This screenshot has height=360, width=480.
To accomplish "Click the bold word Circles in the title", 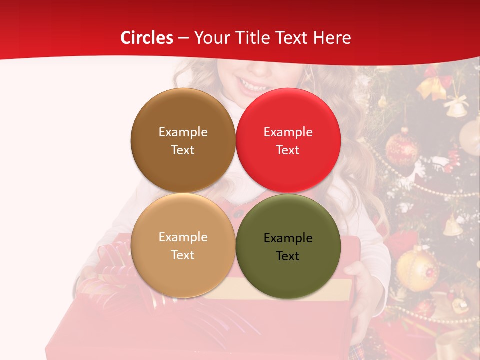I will point(147,38).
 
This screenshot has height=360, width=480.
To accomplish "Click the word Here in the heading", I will point(332,38).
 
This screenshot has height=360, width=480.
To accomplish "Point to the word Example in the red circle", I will point(288,132).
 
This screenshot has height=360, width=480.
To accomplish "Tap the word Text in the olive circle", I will point(288,256).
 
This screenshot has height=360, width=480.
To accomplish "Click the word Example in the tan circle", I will point(183,237).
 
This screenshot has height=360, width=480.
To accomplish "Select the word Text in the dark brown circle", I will point(183,150).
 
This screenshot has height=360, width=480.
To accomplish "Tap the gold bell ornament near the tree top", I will point(456,107).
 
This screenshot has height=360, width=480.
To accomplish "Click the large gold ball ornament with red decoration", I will point(417,270).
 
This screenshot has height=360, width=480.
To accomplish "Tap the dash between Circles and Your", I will point(183,38).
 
